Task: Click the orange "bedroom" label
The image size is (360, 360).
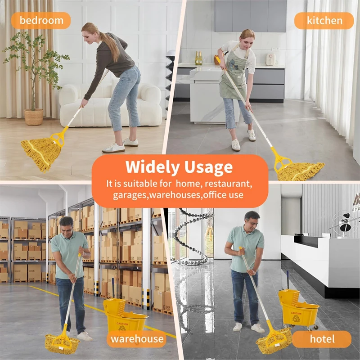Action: (x=41, y=20)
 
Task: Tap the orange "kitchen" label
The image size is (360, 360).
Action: (x=324, y=21)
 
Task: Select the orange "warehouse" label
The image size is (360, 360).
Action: (x=138, y=339)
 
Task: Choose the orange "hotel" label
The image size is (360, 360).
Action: (x=322, y=339)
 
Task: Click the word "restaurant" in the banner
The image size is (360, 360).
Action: (x=228, y=184)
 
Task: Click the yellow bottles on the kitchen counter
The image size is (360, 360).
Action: (x=198, y=58)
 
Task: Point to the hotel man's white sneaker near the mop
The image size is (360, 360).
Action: (x=258, y=328)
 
